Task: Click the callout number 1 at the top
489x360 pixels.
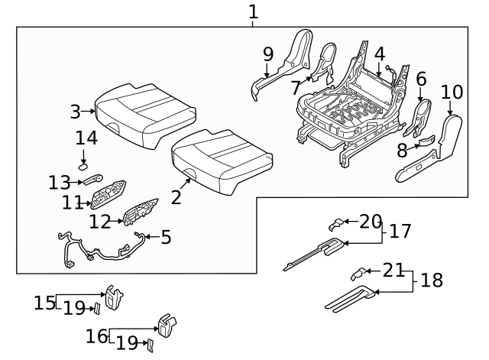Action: [x=253, y=11]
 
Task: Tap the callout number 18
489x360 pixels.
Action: [x=432, y=280]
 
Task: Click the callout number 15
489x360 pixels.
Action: [x=44, y=303]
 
